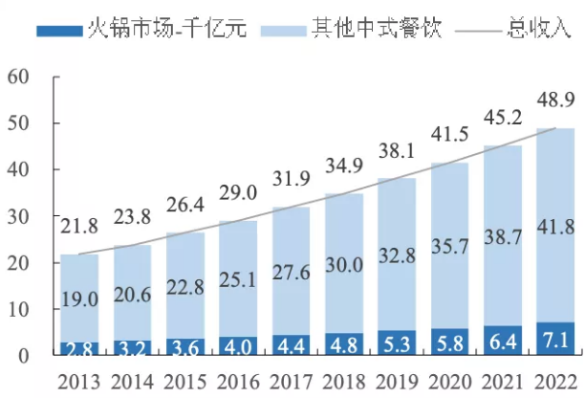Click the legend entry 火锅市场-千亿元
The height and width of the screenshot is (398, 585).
pos(142,29)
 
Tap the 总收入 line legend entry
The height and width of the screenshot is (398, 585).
pos(510,29)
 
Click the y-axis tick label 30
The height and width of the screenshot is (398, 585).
pos(20,217)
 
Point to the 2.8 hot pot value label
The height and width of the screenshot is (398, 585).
pos(78,347)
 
